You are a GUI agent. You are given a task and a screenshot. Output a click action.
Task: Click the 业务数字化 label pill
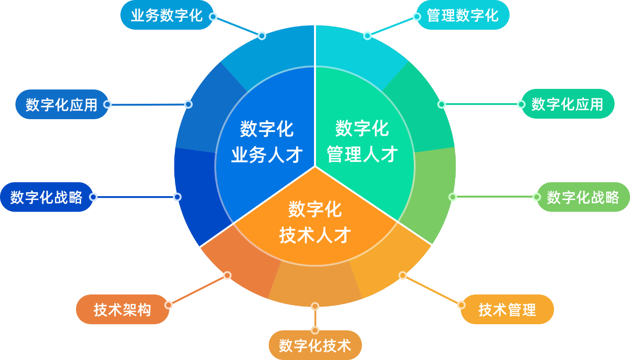[x=167, y=15]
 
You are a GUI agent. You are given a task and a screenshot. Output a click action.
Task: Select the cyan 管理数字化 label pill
[x=463, y=15]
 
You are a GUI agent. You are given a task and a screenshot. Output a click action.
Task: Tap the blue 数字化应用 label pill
[x=62, y=104]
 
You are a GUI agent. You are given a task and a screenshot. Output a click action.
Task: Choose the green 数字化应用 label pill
[x=568, y=104]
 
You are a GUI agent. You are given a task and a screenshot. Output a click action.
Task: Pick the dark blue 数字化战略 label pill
[x=47, y=197]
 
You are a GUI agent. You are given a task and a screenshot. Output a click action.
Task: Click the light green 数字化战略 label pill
[x=583, y=197]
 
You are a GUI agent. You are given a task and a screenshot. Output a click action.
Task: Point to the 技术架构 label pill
[x=122, y=309]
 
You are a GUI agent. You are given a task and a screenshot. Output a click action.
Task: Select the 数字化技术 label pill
[x=315, y=345]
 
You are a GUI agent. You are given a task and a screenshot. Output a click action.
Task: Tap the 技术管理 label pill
[x=507, y=309]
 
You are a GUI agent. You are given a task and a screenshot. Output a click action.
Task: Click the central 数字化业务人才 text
[x=267, y=142]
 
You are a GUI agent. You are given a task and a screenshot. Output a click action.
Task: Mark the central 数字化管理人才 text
[x=362, y=141]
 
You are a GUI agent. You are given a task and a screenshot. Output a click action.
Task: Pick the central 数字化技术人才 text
[x=315, y=222]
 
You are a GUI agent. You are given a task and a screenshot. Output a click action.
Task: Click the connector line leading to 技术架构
[x=198, y=290]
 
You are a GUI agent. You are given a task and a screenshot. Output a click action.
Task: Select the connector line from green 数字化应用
[x=481, y=104]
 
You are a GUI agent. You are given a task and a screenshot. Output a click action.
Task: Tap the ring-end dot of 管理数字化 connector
[x=367, y=36]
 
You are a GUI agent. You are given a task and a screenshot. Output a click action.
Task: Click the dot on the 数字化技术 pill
[x=315, y=330]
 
